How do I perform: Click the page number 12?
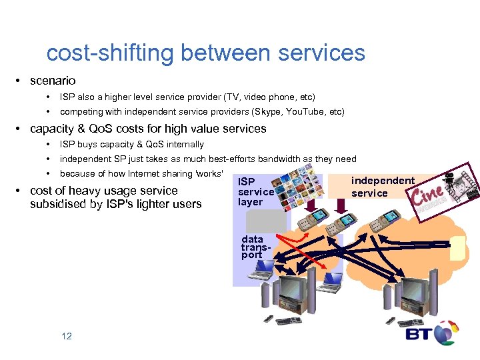[x=66, y=336]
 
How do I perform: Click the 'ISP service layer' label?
[x=255, y=192]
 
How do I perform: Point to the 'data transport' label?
[x=253, y=247]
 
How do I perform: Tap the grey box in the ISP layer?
[x=255, y=221]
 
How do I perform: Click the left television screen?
[x=293, y=293]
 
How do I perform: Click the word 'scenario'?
[x=53, y=81]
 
